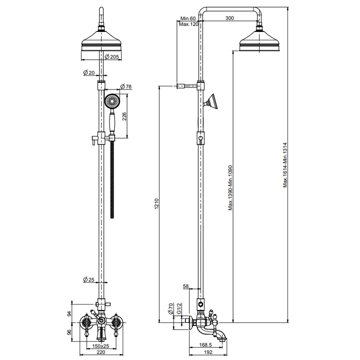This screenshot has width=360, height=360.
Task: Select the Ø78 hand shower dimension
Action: pyautogui.click(x=126, y=86)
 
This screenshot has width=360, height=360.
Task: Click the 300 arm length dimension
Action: pyautogui.click(x=230, y=18)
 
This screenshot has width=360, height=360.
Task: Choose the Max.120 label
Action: pyautogui.click(x=188, y=24)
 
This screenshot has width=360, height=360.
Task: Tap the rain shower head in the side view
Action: pyautogui.click(x=260, y=41)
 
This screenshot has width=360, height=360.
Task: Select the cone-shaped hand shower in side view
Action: pyautogui.click(x=213, y=101)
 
